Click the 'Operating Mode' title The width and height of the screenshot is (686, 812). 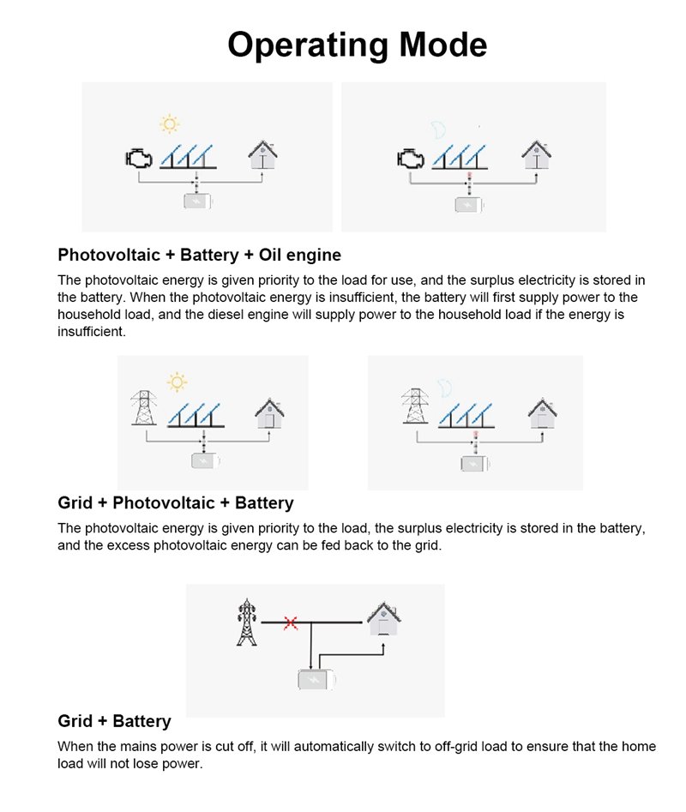coord(357,45)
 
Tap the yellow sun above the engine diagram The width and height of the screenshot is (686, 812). coord(170,125)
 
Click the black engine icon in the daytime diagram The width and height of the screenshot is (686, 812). coord(138,159)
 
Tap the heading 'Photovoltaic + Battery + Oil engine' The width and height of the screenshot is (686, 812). coord(199,255)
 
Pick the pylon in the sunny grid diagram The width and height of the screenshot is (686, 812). coord(144,408)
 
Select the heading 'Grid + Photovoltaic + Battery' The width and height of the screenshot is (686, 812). coord(175,502)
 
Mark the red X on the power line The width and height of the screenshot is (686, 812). coord(291,622)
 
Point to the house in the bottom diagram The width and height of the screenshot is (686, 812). coord(383,618)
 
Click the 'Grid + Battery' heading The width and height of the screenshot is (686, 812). coord(114,721)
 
